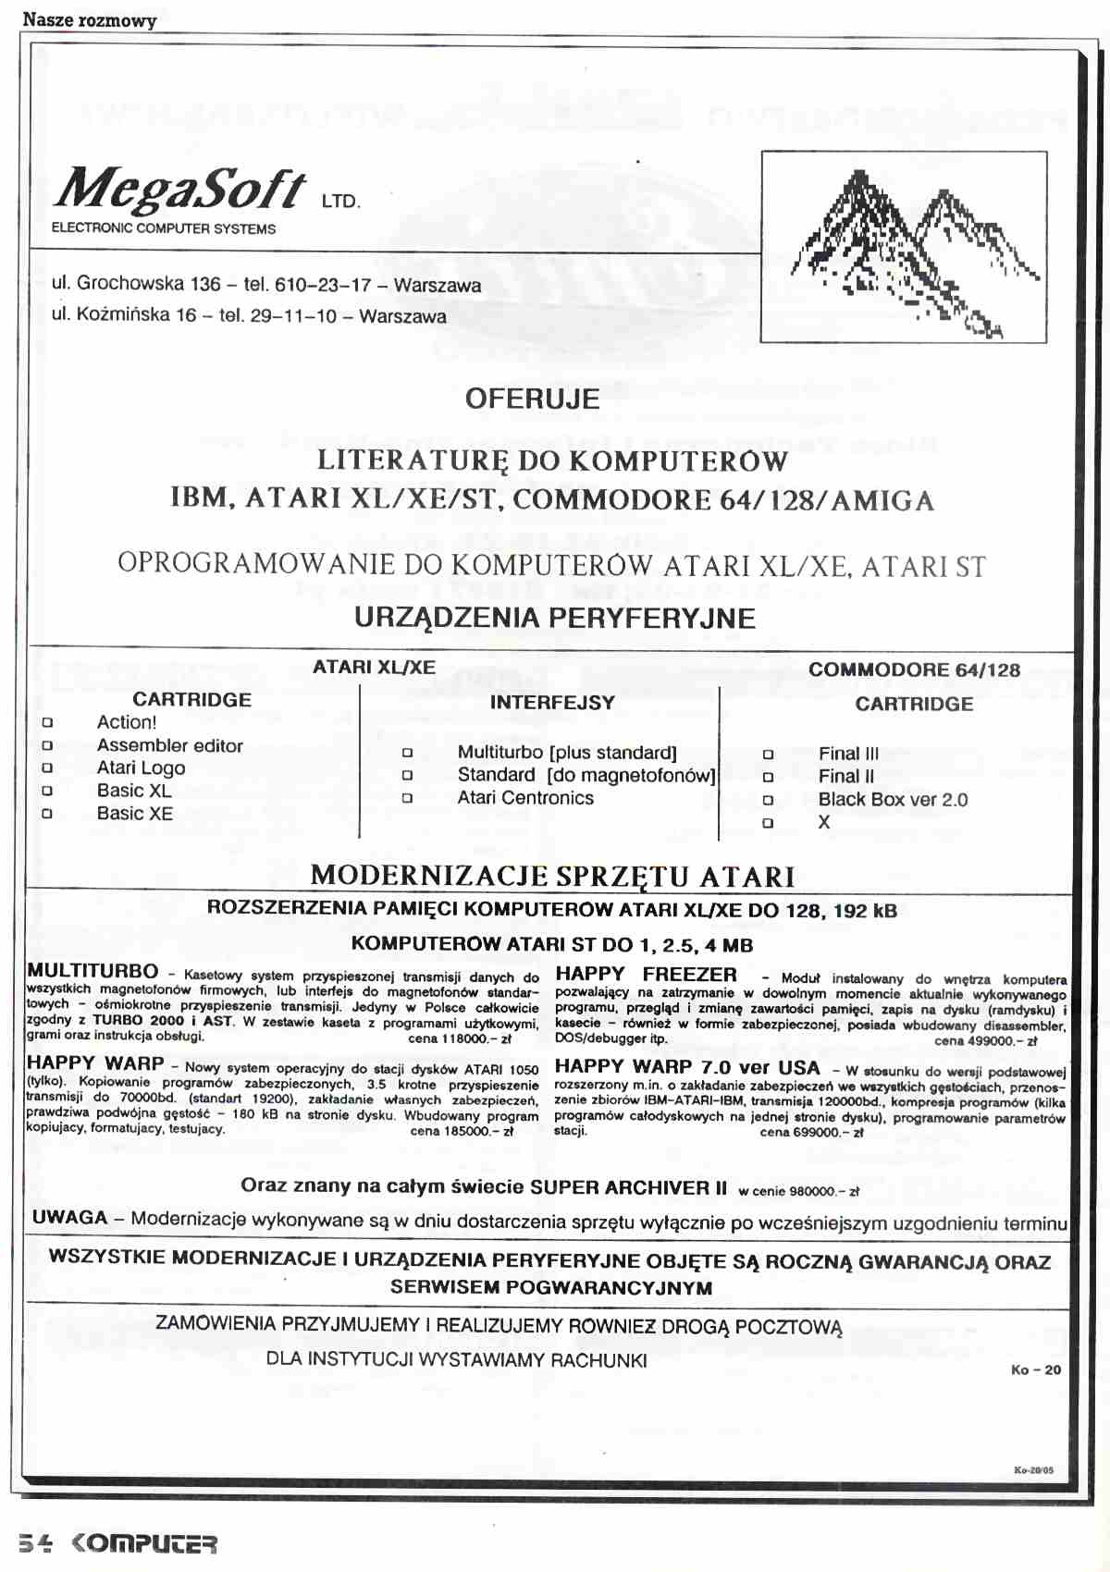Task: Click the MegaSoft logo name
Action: coord(181,189)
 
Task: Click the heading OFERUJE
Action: coord(532,399)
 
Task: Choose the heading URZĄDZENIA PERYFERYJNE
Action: coord(554,619)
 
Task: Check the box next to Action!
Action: coord(47,723)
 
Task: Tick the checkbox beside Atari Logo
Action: coord(47,768)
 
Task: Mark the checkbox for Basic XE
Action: coord(47,814)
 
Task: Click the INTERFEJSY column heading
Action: coord(552,703)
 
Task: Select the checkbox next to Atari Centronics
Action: coord(407,798)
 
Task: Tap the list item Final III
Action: coord(848,754)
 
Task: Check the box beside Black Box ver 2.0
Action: coord(768,800)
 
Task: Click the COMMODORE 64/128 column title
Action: coord(914,670)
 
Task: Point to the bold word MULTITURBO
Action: coord(92,972)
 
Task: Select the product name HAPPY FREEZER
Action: coord(646,975)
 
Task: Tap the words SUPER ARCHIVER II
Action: coord(628,1187)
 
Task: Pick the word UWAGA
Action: coord(70,1218)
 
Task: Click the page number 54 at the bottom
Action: coord(35,1543)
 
